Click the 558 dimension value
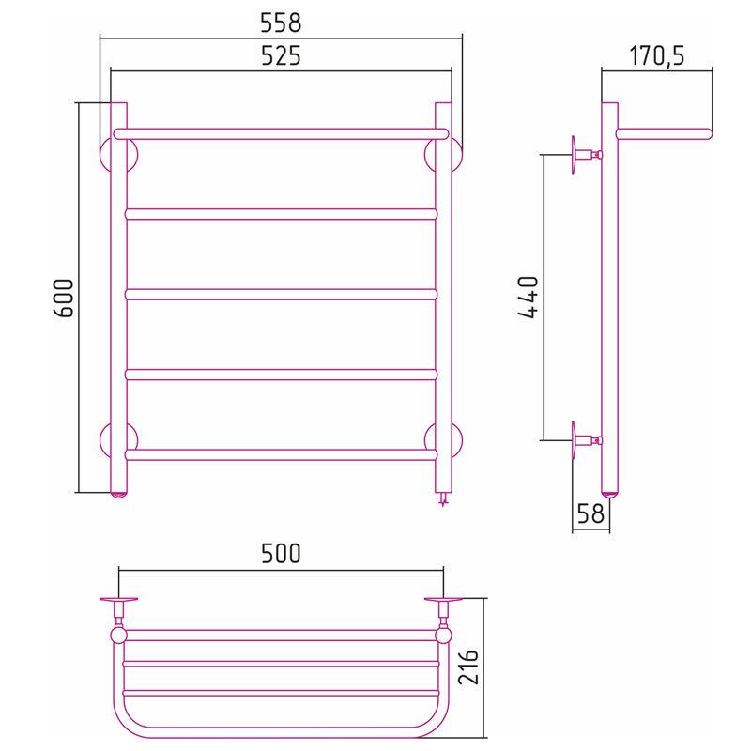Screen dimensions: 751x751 tap(281, 23)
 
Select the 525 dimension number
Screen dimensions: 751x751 tap(281, 55)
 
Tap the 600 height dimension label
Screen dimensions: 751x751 tap(63, 298)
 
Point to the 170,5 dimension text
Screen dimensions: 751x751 tap(656, 55)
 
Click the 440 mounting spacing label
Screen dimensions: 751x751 tap(529, 298)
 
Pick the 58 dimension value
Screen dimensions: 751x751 tap(590, 513)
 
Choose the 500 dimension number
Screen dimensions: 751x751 tap(281, 553)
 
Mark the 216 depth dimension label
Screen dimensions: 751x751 tap(468, 667)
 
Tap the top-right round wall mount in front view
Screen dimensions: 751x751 tap(457, 156)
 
